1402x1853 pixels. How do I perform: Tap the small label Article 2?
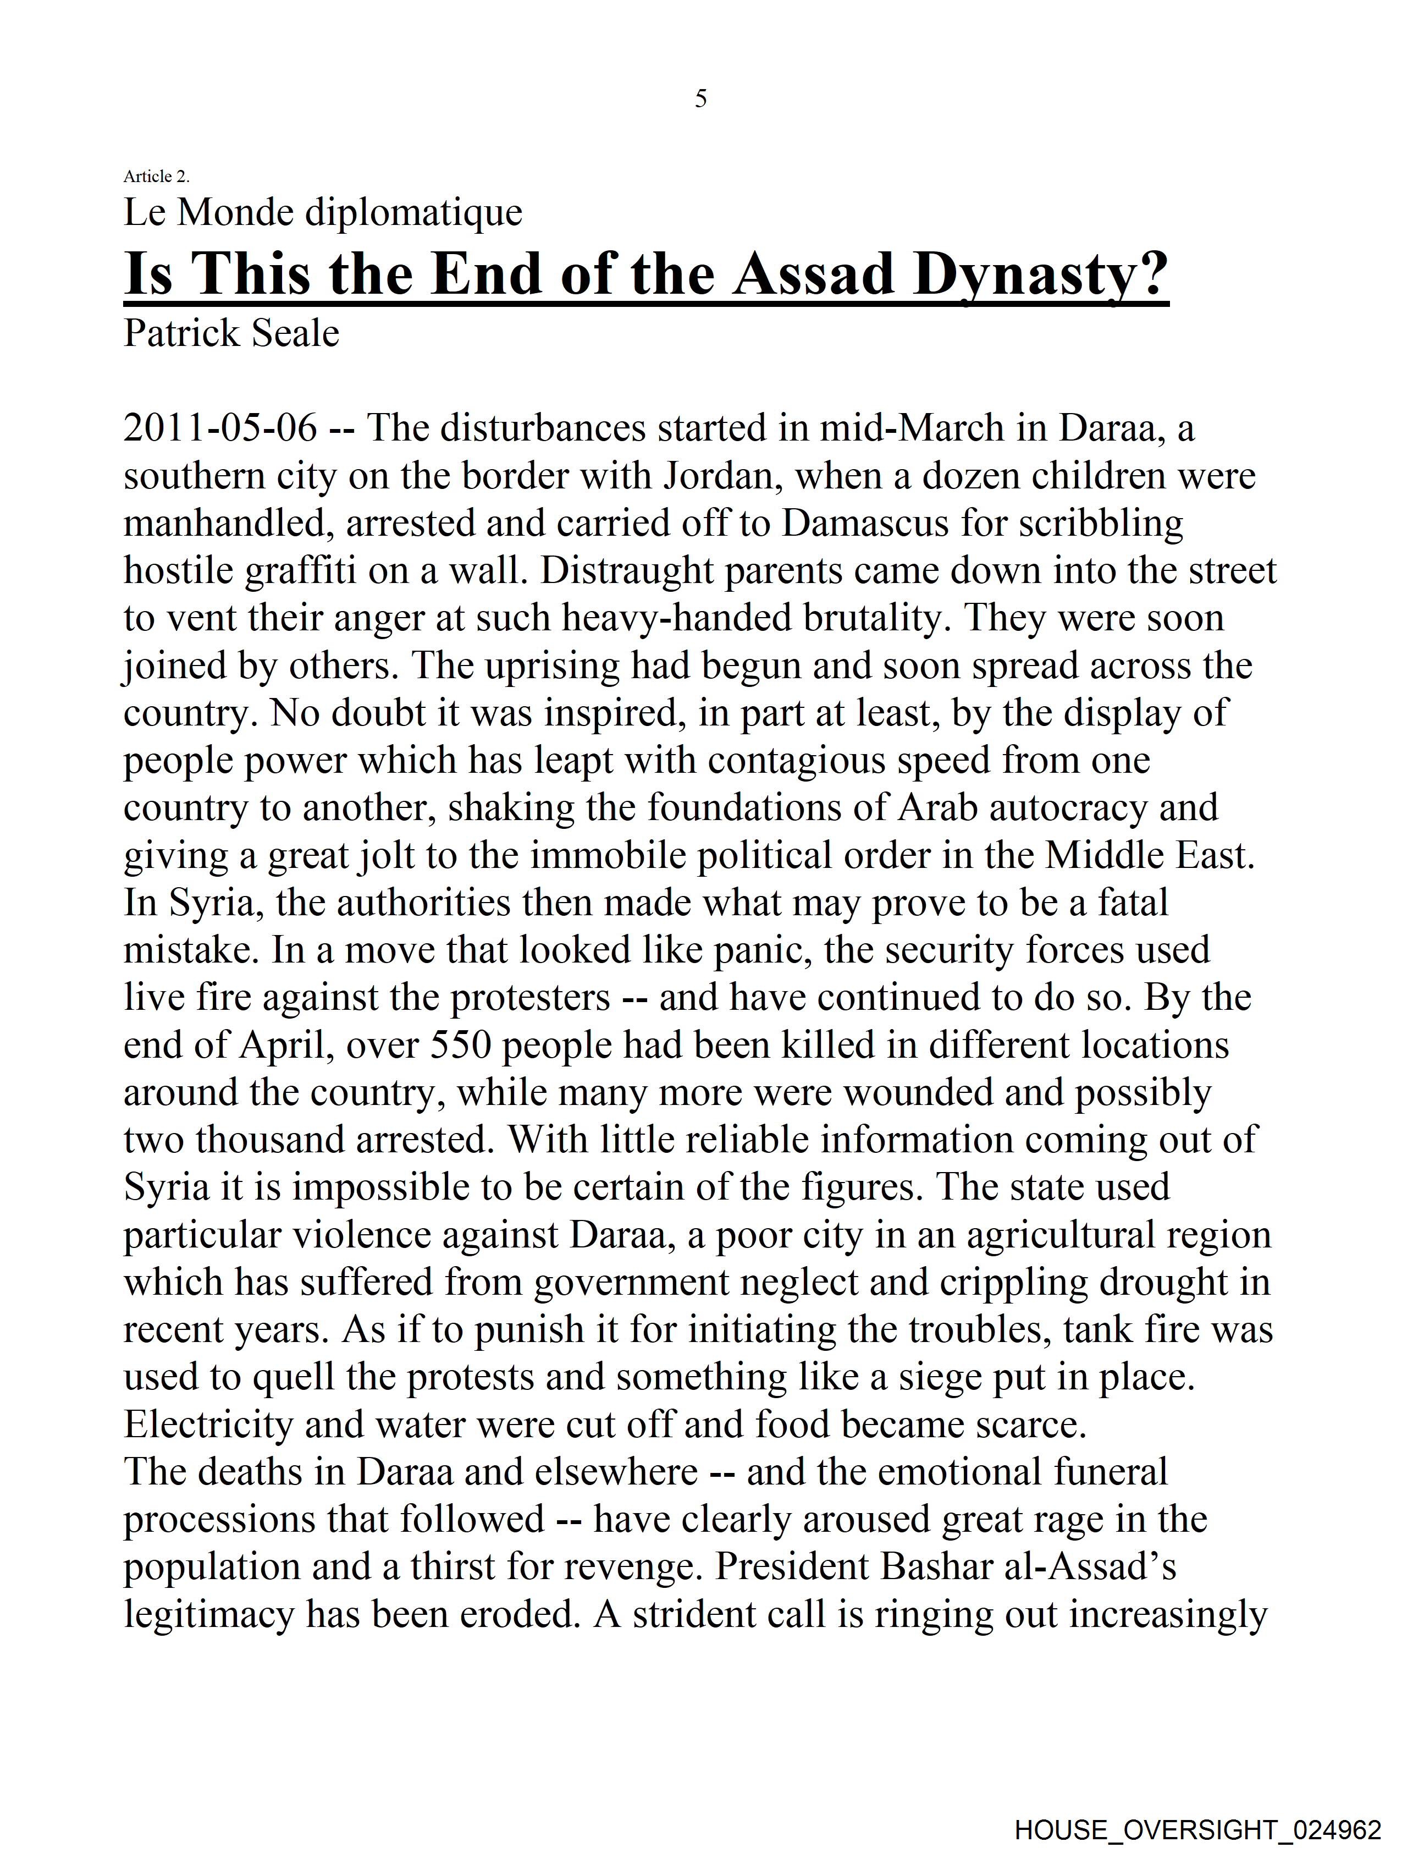coord(157,176)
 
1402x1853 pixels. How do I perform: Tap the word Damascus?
coord(866,524)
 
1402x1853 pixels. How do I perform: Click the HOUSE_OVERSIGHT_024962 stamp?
coord(1197,1829)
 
